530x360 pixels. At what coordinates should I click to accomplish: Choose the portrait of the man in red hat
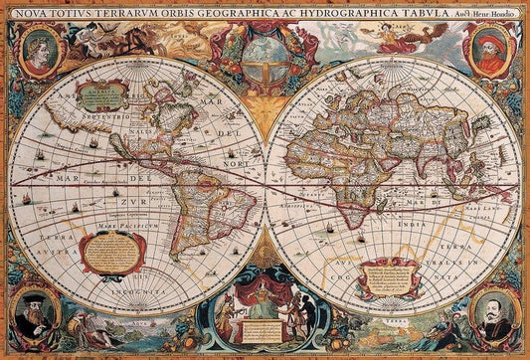(491, 52)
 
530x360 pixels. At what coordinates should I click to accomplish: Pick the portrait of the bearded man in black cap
(36, 311)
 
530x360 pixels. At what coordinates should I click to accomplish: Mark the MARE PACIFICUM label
(118, 227)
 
